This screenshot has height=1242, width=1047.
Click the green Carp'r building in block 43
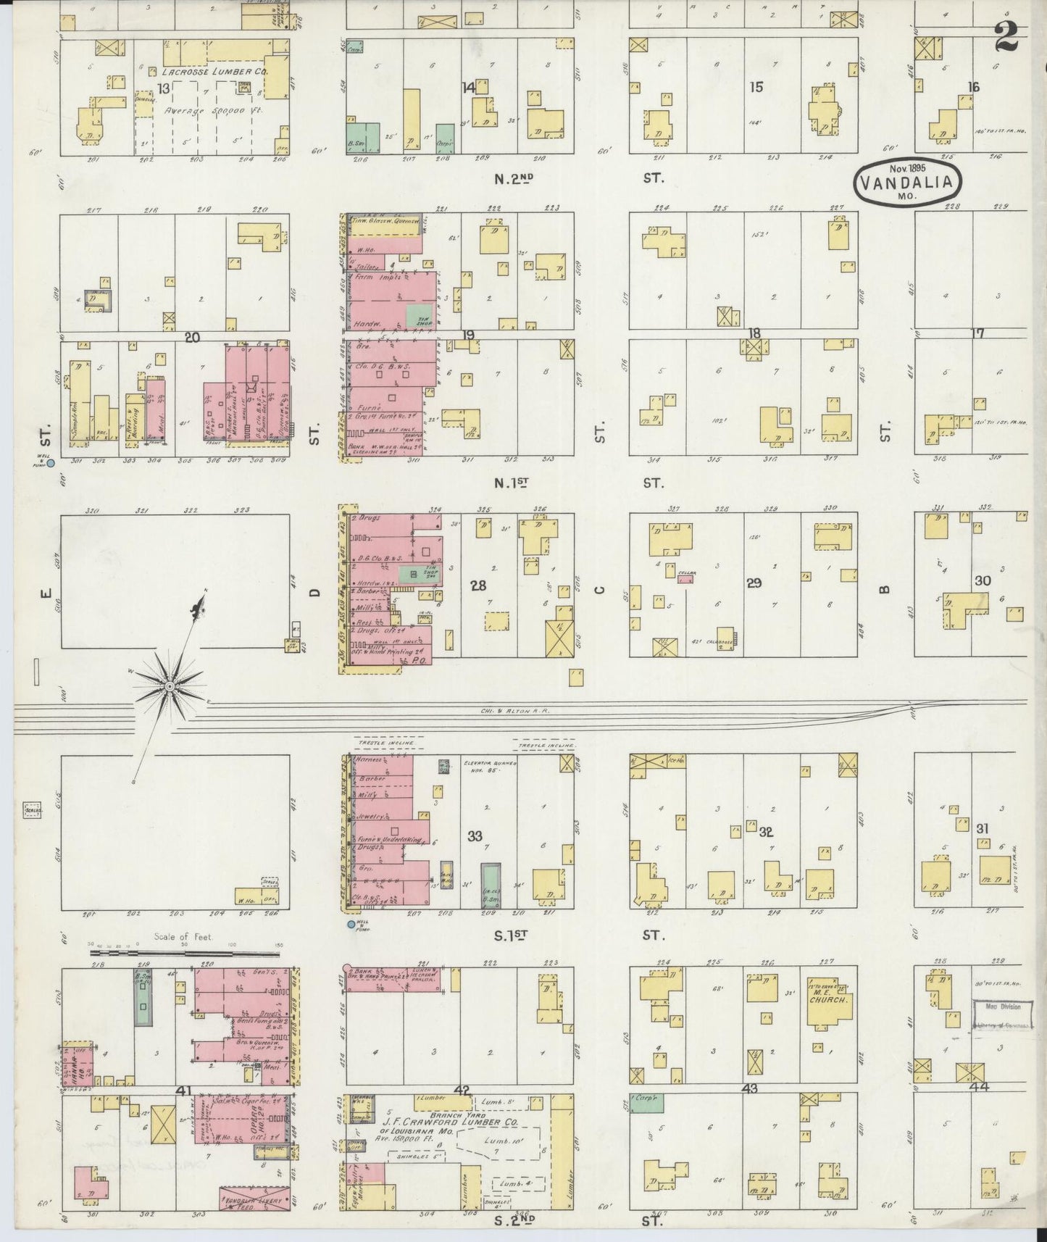click(646, 1104)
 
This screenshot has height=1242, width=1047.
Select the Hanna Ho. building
click(76, 1064)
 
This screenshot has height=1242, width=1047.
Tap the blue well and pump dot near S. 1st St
click(351, 925)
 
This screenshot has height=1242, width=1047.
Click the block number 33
click(475, 836)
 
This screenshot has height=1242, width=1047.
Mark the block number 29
click(754, 582)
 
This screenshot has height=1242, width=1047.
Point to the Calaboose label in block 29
click(709, 641)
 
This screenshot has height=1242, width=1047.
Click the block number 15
click(756, 87)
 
